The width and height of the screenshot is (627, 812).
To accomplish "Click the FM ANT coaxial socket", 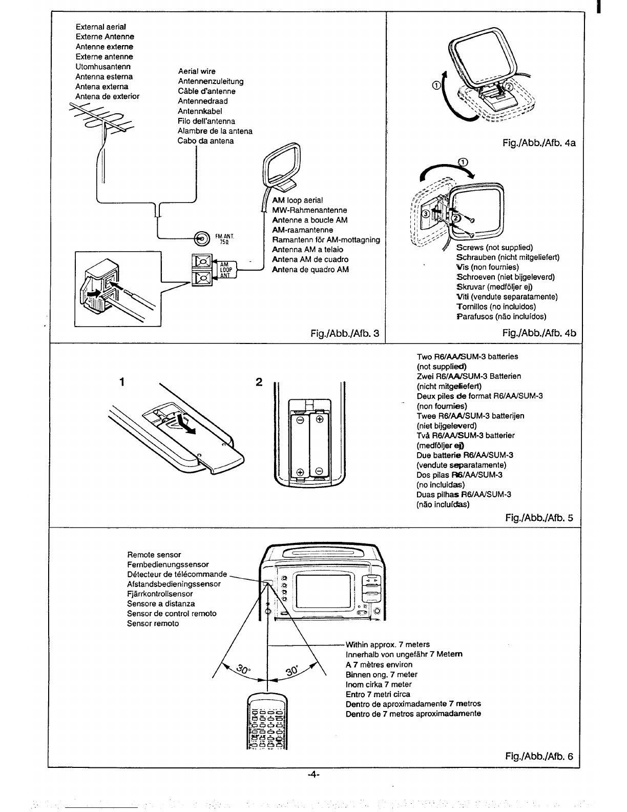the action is (202, 238).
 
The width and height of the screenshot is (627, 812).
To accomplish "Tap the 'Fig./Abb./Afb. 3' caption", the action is (345, 333).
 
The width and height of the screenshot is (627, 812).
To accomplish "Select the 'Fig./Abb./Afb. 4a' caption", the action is (539, 143).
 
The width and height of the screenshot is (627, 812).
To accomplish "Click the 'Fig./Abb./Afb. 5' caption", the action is (539, 518).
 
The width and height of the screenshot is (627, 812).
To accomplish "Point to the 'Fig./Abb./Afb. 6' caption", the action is (539, 756).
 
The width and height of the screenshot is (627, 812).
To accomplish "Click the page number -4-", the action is (313, 775).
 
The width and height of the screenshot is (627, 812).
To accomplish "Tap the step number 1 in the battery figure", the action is (122, 382).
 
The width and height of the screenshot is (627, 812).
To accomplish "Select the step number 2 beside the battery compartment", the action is (259, 382).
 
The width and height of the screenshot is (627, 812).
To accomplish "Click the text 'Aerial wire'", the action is (197, 71).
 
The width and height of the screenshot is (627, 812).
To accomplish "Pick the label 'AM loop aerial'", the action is (297, 200).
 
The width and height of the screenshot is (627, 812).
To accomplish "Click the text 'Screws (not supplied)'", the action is (494, 248).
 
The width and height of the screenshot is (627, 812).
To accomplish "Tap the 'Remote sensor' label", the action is (154, 555).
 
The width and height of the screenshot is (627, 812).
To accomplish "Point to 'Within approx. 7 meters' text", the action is (388, 644).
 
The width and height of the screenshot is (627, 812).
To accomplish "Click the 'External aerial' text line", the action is (101, 27).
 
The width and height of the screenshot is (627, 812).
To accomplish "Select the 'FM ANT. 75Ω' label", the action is (224, 239).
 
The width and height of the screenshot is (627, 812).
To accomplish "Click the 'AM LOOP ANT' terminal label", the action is (225, 270).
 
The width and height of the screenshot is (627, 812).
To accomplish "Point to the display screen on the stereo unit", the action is (323, 592).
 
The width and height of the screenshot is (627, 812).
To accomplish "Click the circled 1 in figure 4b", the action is (463, 162).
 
